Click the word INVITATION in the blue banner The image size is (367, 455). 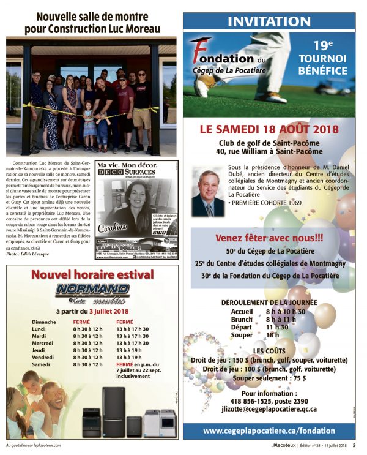pos(269,22)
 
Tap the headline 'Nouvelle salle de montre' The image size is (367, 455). pos(91,17)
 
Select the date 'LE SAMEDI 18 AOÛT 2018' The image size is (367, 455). pos(268,129)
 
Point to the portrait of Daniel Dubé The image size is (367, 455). pos(206,193)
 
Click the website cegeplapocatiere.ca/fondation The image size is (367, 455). pos(269,431)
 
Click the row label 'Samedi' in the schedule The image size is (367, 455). pos(40,364)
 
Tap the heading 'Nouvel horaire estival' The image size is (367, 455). pos(92,275)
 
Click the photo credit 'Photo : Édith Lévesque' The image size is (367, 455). pos(30,254)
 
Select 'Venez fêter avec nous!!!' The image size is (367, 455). pos(269,237)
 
